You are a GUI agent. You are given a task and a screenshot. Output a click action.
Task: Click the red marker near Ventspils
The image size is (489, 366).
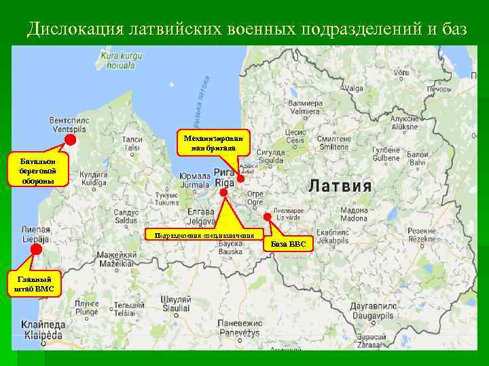coord(69,140)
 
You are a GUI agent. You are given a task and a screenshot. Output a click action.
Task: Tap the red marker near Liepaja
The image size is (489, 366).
coord(35,249)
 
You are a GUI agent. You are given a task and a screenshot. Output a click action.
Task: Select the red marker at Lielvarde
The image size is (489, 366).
coord(268,217)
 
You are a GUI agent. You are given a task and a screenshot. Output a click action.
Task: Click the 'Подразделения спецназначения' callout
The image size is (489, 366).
coord(204,235)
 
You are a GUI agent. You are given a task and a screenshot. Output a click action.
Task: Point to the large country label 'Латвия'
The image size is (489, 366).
coord(340,186)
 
